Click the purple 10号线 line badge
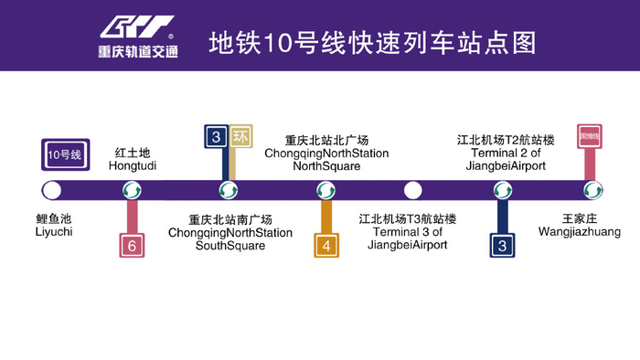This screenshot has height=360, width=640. pyautogui.click(x=64, y=154)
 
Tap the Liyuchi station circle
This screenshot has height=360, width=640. pyautogui.click(x=52, y=190)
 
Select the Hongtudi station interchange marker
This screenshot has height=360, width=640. pyautogui.click(x=133, y=190)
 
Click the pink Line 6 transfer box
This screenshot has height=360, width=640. pyautogui.click(x=133, y=245)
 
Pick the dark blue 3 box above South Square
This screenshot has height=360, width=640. pyautogui.click(x=216, y=137)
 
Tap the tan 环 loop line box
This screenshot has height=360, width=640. pyautogui.click(x=240, y=137)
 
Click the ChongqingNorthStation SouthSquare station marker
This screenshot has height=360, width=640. pyautogui.click(x=228, y=190)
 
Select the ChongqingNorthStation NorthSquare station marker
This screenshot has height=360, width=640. pyautogui.click(x=325, y=190)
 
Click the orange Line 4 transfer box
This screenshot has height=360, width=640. pyautogui.click(x=325, y=245)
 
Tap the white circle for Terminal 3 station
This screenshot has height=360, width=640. pyautogui.click(x=413, y=190)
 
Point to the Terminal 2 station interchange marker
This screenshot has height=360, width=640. pyautogui.click(x=502, y=190)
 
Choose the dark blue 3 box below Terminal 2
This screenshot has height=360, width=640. pyautogui.click(x=502, y=245)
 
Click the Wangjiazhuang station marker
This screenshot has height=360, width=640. pyautogui.click(x=593, y=190)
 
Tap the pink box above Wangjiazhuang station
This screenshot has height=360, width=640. pyautogui.click(x=590, y=137)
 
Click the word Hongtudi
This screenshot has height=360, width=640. pyautogui.click(x=132, y=166)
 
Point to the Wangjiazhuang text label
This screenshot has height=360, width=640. pyautogui.click(x=592, y=232)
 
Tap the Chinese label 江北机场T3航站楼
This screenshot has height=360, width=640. pyautogui.click(x=407, y=219)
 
